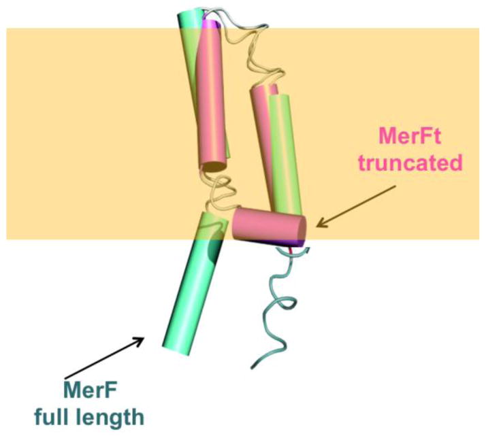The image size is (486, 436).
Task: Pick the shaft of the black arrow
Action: click(102, 358)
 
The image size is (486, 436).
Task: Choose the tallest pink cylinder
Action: click(216, 95)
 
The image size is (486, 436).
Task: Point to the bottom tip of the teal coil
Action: click(255, 367)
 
